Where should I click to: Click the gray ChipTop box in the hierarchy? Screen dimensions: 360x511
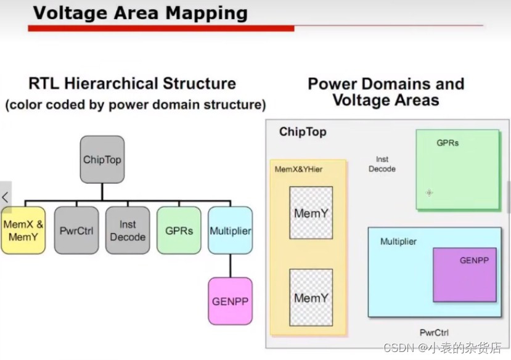pos(102,159)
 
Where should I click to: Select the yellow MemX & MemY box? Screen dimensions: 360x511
pos(23,230)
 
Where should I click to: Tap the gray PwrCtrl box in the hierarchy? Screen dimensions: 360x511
pos(76,230)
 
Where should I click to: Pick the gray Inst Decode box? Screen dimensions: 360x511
pos(128,230)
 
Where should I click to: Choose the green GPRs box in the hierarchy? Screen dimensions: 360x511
pos(179,230)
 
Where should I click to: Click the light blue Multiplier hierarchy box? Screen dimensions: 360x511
pos(230,230)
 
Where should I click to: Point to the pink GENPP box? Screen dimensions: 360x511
pos(230,301)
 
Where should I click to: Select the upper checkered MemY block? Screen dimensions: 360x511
pos(311,213)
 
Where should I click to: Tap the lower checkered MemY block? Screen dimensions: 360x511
pos(311,297)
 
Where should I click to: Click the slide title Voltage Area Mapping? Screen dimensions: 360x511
pos(140,13)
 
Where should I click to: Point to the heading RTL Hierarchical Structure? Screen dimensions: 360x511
pos(132,83)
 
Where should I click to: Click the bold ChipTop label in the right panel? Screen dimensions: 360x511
pos(303,132)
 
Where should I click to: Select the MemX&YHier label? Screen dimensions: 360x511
pos(298,169)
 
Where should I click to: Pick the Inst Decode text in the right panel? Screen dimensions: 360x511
pos(382,164)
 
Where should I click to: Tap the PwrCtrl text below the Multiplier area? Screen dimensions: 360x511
pos(434,332)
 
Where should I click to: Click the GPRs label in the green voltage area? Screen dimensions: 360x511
pos(448,143)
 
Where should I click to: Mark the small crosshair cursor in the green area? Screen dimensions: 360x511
pos(429,193)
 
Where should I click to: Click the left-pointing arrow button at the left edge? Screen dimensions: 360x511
pos(5,198)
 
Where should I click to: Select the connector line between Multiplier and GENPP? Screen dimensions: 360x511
pos(230,265)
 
